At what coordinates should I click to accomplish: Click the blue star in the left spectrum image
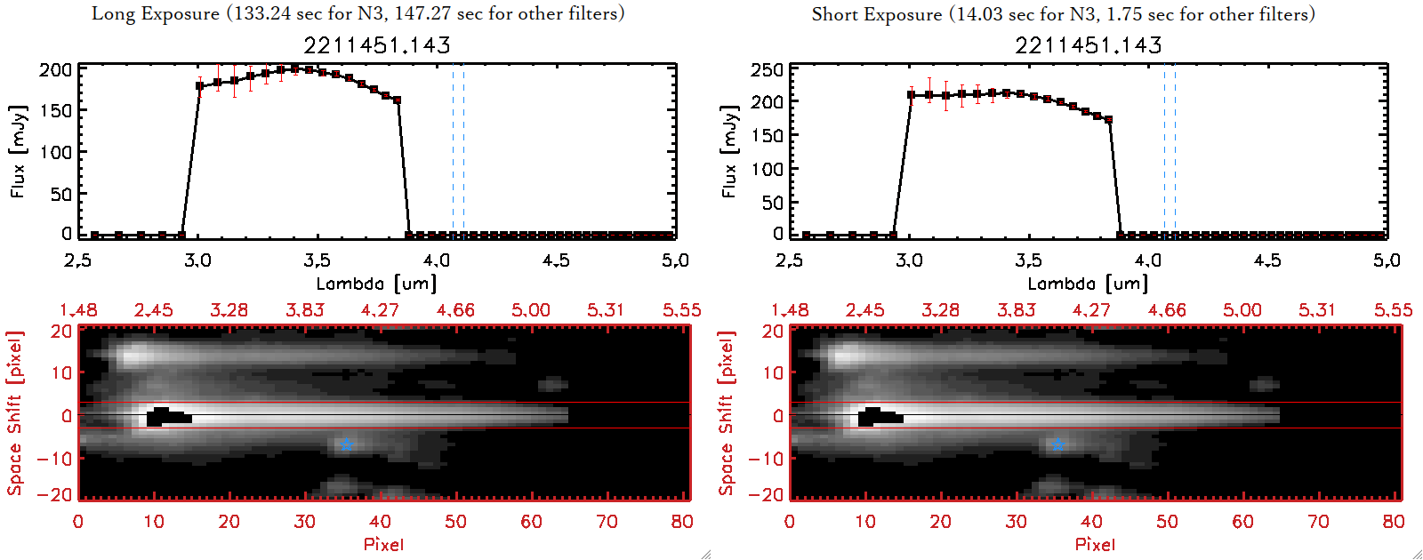click(347, 444)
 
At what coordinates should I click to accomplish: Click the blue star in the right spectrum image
click(1057, 444)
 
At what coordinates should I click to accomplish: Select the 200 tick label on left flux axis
click(55, 69)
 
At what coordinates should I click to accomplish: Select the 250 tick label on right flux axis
click(767, 69)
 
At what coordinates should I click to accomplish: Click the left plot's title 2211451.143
click(377, 44)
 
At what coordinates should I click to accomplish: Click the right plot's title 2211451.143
click(1089, 44)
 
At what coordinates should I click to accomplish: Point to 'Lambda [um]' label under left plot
click(376, 284)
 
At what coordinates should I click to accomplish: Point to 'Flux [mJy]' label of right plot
click(729, 151)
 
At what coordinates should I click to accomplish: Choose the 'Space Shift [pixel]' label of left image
click(15, 413)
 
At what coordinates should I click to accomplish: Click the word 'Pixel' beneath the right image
click(1095, 544)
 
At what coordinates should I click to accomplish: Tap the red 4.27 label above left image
click(380, 310)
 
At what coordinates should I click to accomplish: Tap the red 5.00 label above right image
click(1242, 310)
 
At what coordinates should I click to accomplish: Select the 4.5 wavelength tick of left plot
click(556, 260)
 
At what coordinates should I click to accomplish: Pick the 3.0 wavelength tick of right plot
click(909, 260)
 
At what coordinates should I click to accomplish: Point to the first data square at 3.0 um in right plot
click(911, 94)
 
